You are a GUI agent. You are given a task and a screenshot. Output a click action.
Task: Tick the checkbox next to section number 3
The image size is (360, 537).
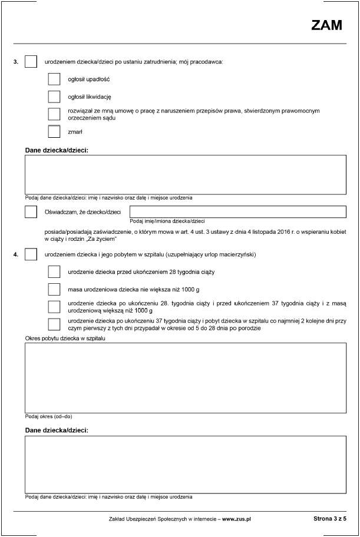pyautogui.click(x=31, y=61)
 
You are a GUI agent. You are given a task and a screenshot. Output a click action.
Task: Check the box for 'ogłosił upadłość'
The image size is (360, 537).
pyautogui.click(x=54, y=79)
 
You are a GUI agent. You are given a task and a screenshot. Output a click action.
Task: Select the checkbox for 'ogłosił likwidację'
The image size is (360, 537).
pyautogui.click(x=54, y=97)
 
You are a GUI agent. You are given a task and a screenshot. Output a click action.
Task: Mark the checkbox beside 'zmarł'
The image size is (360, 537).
pyautogui.click(x=54, y=132)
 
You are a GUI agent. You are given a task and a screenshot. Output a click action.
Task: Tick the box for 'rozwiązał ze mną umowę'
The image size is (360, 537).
pyautogui.click(x=54, y=114)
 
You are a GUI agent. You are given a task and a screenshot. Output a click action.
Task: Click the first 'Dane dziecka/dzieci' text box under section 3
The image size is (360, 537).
pyautogui.click(x=185, y=174)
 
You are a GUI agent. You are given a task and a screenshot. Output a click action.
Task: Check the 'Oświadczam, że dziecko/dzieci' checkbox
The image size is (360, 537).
pyautogui.click(x=31, y=211)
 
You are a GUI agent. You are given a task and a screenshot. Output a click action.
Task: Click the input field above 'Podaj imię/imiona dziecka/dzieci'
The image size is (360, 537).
pyautogui.click(x=237, y=211)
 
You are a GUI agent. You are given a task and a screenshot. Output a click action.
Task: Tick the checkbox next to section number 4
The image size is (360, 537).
pyautogui.click(x=31, y=254)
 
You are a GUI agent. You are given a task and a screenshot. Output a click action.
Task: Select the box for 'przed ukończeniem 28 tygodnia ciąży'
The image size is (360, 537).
pyautogui.click(x=54, y=272)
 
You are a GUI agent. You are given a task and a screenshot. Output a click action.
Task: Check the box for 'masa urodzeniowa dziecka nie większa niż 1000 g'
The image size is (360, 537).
pyautogui.click(x=54, y=289)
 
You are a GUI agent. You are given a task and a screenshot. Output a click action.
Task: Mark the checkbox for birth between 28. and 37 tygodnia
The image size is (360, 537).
pyautogui.click(x=54, y=306)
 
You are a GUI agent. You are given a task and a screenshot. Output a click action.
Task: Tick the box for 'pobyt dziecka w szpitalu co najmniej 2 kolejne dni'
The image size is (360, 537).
pyautogui.click(x=54, y=324)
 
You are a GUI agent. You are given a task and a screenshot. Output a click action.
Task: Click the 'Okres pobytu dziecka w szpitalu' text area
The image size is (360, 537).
pyautogui.click(x=185, y=377)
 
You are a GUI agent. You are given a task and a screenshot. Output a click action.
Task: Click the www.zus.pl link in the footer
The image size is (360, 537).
pyautogui.click(x=237, y=519)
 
